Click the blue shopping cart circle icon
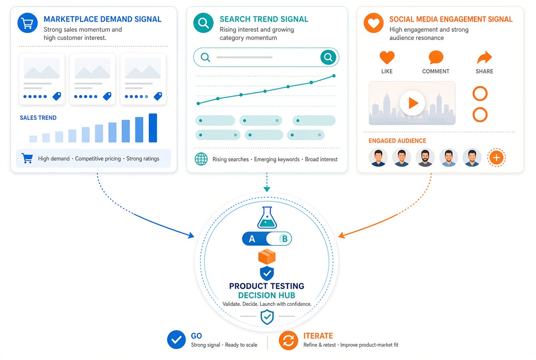pos(28,23)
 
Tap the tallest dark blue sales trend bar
pos(153,128)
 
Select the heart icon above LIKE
pos(387,57)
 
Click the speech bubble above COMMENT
pos(436,57)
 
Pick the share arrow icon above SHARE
pos(485,57)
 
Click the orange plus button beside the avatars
pos(497,158)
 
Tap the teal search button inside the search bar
pos(328,57)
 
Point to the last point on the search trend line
pos(334,76)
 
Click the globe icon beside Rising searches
pos(201,159)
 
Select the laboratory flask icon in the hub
pos(267,217)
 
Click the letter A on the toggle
pos(252,239)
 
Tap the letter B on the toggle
pos(285,239)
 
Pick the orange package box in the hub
pos(267,257)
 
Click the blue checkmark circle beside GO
pos(176,340)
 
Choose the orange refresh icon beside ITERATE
pos(289,341)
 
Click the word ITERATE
pos(318,336)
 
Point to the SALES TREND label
pos(38,118)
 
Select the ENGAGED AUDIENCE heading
pos(397,141)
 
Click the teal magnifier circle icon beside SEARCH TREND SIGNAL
pos(203,23)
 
